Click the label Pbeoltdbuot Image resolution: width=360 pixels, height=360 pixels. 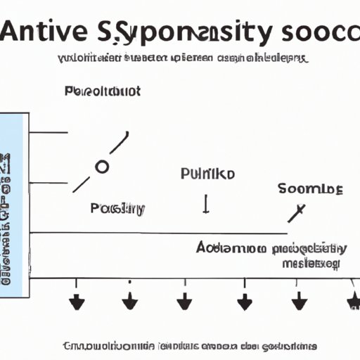coord(102,91)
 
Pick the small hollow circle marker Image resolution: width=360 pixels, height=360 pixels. coord(102,167)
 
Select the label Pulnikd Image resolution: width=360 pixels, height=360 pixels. coord(207,174)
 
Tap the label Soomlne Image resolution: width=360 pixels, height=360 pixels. coord(309,188)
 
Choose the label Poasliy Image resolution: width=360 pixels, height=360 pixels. coord(117,208)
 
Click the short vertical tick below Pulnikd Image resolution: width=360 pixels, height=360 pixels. coord(206,205)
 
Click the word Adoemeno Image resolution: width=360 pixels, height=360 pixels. coord(230,247)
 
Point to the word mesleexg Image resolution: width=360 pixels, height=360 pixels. coord(311,264)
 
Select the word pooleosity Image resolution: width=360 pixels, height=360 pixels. coord(310,247)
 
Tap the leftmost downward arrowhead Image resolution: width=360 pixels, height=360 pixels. coord(77,303)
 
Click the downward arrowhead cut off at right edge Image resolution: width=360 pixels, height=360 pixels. coord(354,302)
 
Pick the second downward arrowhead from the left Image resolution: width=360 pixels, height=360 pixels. coord(130,303)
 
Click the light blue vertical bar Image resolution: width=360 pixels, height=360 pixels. coord(15,204)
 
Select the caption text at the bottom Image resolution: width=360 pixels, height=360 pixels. coord(190,346)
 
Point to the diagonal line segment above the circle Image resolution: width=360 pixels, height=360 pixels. coord(119,143)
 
